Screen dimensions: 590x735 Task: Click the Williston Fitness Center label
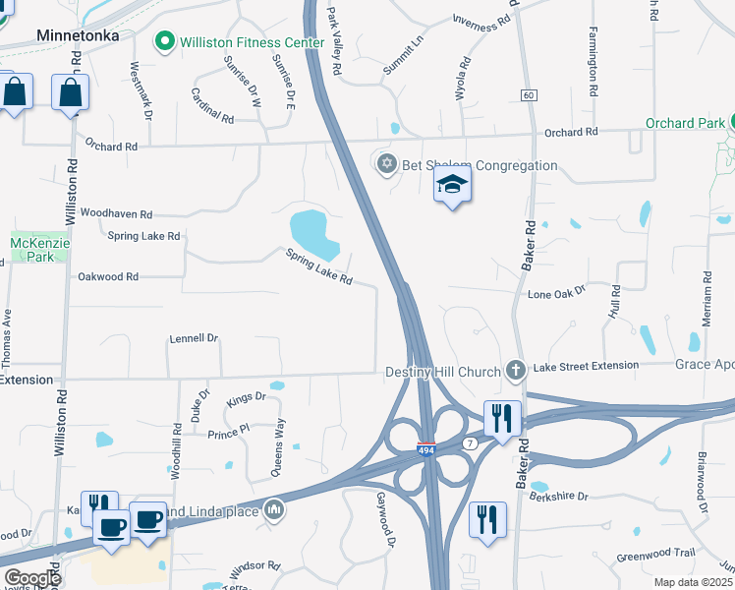(252, 43)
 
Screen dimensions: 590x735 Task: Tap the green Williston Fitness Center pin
(164, 42)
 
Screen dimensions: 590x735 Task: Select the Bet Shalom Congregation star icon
(386, 163)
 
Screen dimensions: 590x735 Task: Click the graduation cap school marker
(452, 184)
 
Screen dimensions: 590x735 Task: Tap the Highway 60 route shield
(529, 94)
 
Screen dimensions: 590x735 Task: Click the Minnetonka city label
(77, 35)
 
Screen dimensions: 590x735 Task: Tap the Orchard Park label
(686, 124)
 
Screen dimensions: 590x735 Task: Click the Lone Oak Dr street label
(556, 293)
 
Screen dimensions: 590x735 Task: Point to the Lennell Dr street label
(193, 338)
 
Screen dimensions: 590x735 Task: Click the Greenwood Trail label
(655, 554)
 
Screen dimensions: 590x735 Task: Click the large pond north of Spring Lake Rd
(314, 232)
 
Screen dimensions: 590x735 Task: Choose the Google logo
(32, 578)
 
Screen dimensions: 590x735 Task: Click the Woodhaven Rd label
(117, 213)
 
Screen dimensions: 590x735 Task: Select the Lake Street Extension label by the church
(586, 366)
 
